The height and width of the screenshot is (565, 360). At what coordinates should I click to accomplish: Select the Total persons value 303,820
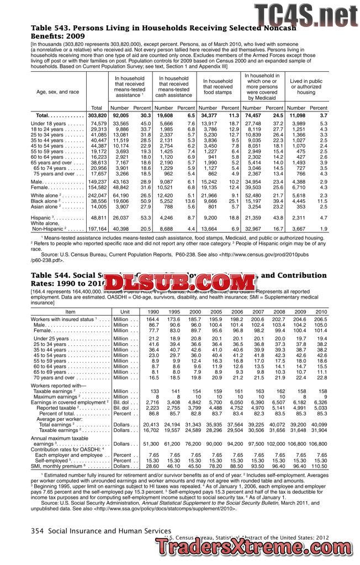(97, 115)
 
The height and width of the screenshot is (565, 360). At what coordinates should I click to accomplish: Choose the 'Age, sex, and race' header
(57, 92)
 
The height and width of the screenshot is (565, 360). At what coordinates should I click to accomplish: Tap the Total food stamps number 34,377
(209, 115)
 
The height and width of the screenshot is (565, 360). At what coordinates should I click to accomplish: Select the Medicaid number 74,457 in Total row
(252, 115)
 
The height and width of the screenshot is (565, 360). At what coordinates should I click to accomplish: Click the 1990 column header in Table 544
(152, 312)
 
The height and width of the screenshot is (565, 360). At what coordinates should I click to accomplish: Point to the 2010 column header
(321, 312)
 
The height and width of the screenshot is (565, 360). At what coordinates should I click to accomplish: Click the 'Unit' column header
(125, 312)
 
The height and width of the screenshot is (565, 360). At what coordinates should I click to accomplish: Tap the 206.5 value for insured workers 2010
(321, 319)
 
